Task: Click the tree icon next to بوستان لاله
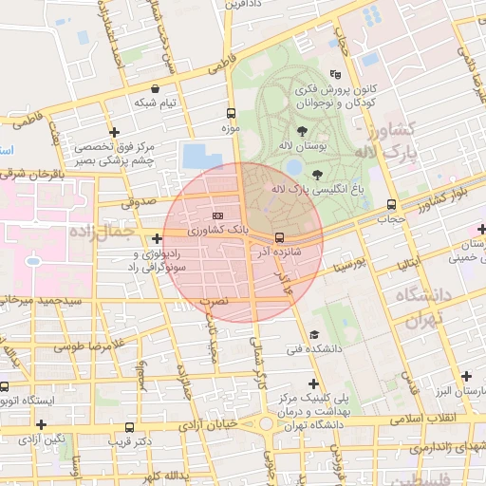click(302, 132)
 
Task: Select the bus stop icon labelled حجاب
click(391, 205)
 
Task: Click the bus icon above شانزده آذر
click(279, 237)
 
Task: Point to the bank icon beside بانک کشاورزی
click(219, 215)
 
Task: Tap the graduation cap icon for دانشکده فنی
click(313, 335)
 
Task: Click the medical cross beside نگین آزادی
click(41, 424)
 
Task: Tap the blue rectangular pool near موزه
click(199, 156)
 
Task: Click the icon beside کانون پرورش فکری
click(333, 74)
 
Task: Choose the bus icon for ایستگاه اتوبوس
click(5, 386)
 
